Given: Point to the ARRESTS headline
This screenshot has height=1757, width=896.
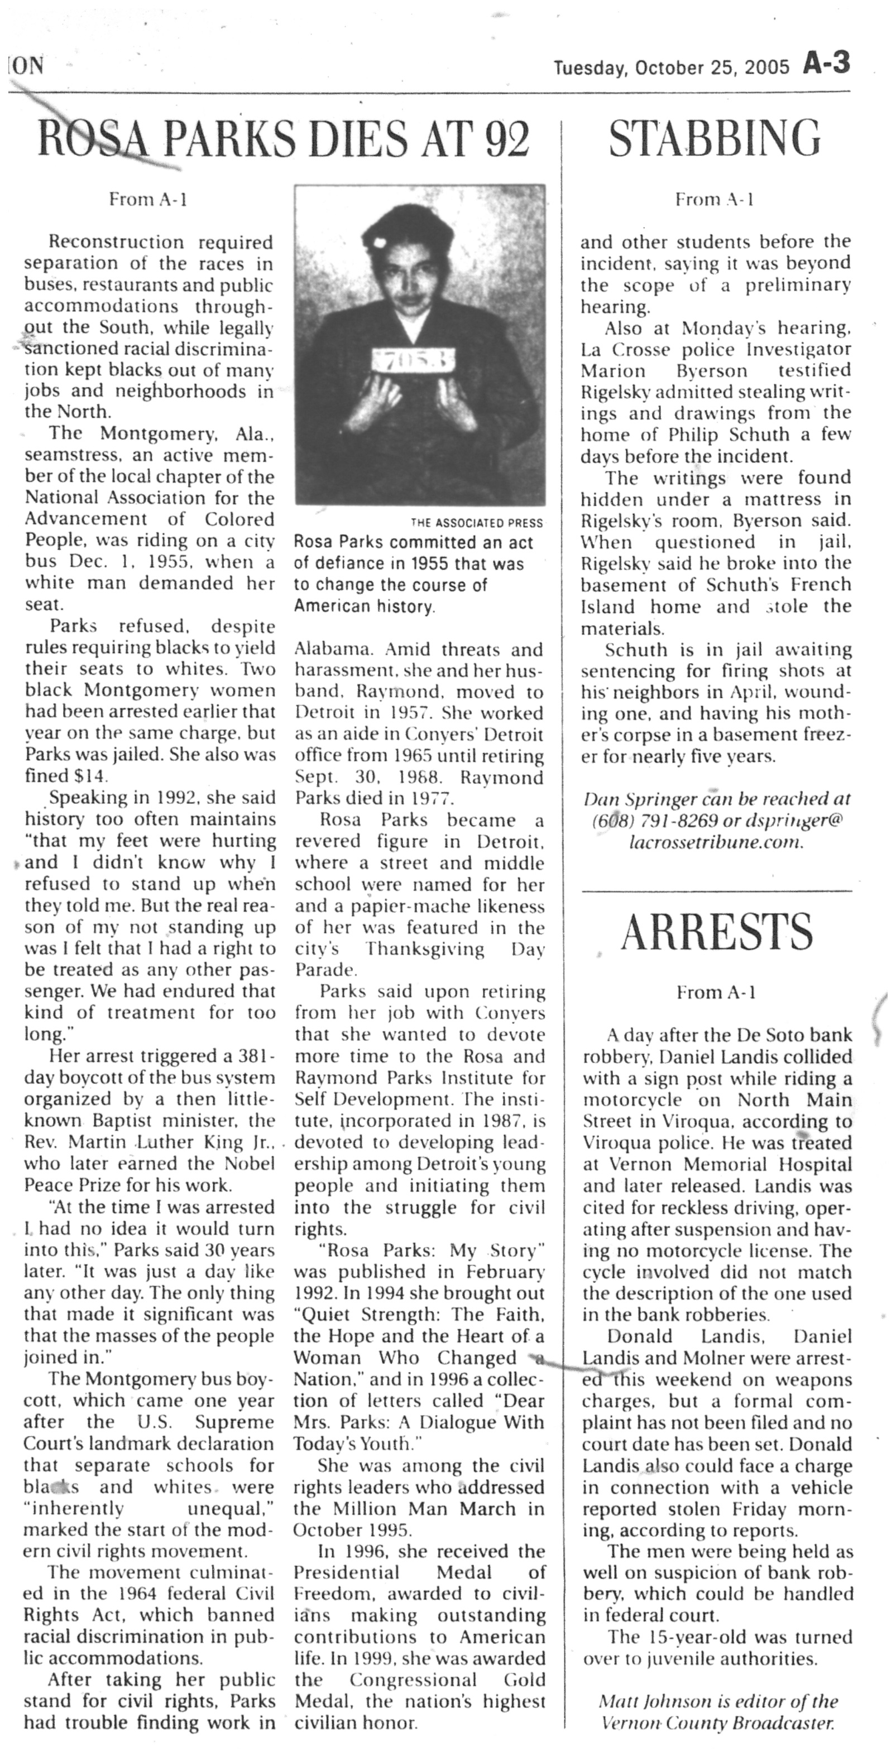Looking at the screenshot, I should [717, 933].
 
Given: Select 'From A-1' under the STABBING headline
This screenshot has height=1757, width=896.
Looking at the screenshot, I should [714, 200].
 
